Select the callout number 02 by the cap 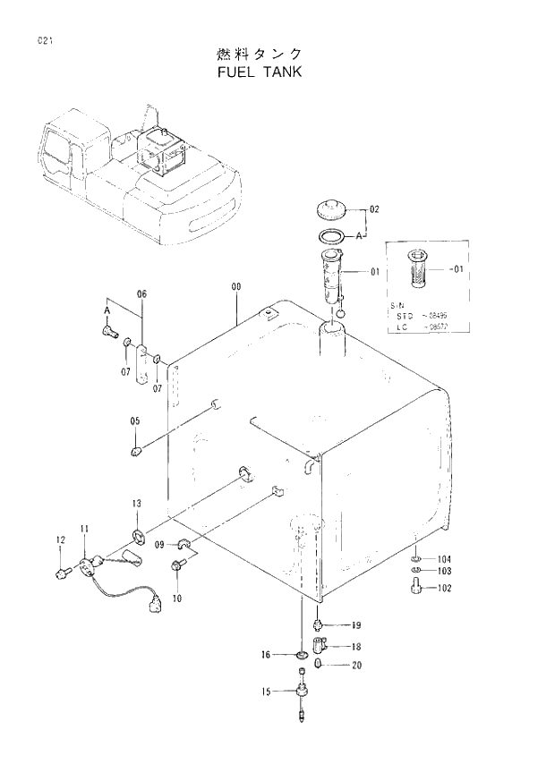pyautogui.click(x=374, y=209)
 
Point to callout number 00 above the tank pyautogui.click(x=236, y=286)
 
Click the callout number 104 pyautogui.click(x=444, y=558)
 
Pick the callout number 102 pyautogui.click(x=444, y=588)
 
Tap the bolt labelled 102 pyautogui.click(x=416, y=588)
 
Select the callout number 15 pyautogui.click(x=266, y=691)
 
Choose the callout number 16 pyautogui.click(x=266, y=655)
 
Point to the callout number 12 pyautogui.click(x=61, y=539)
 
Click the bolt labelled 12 pyautogui.click(x=62, y=571)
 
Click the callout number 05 pyautogui.click(x=135, y=420)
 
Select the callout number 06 pyautogui.click(x=141, y=294)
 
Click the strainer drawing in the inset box pyautogui.click(x=416, y=269)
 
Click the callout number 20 pyautogui.click(x=356, y=665)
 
